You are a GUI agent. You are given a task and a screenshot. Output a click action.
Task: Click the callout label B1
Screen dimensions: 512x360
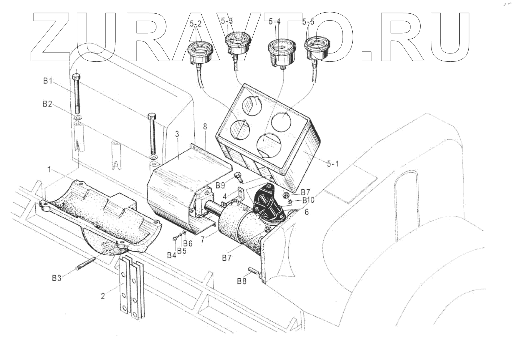click(48, 81)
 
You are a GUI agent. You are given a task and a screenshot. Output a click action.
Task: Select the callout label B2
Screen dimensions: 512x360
click(47, 104)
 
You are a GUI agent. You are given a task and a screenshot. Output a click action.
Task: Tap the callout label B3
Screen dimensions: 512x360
click(57, 278)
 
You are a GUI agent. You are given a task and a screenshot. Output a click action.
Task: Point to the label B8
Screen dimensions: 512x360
click(242, 281)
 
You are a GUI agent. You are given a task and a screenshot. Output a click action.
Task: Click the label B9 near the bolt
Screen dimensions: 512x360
click(220, 186)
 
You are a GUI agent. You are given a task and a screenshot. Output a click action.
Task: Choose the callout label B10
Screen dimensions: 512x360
click(308, 200)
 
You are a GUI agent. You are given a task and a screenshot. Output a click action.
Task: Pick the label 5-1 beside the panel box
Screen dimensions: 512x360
click(332, 164)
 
